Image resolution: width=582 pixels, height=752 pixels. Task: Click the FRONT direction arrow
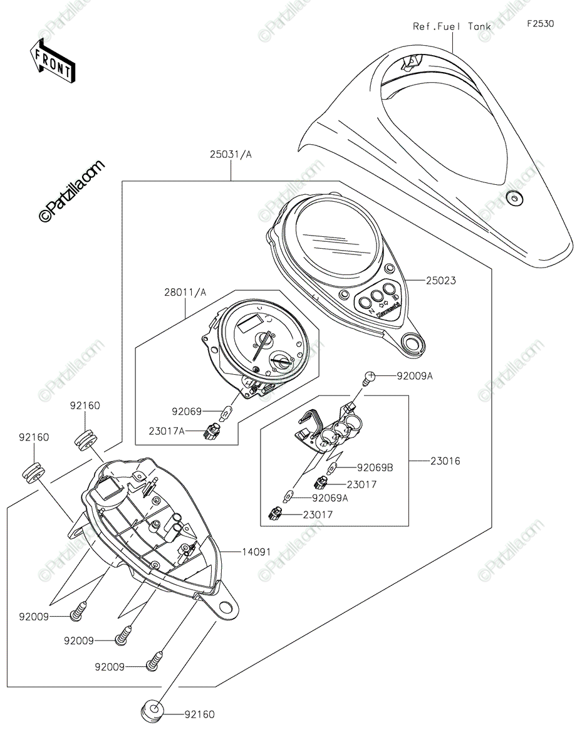(54, 60)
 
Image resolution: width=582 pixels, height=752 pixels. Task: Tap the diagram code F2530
(540, 24)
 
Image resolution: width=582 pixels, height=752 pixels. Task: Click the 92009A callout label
(414, 376)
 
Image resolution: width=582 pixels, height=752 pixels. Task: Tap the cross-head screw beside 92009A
(370, 377)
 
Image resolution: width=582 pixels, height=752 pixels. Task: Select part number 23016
(445, 461)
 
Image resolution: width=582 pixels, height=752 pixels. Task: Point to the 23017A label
(167, 431)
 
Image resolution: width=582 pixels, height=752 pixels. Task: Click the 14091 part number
(257, 551)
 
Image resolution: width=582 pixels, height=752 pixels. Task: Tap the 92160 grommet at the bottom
(151, 712)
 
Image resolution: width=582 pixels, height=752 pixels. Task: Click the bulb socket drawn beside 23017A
(210, 431)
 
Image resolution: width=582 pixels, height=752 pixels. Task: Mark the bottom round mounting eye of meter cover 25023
(412, 342)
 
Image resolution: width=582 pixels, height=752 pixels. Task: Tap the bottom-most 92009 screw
(151, 662)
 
